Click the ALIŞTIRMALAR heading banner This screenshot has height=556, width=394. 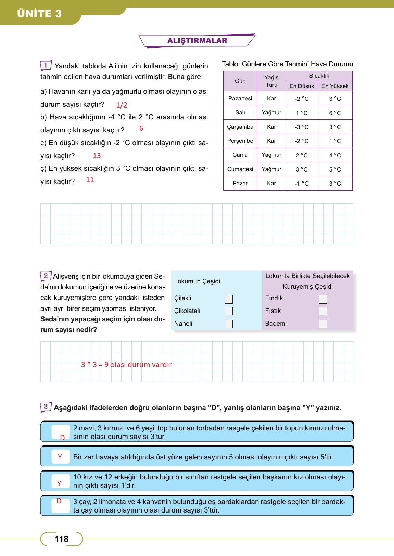coord(197,41)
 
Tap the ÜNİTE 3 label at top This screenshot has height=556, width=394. coord(39,14)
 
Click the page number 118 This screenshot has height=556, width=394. coord(62,539)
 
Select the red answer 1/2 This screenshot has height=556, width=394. coord(122,105)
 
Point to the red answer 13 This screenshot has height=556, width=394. coord(97,156)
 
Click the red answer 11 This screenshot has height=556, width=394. coord(90,180)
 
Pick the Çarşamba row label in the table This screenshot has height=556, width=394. coord(240,127)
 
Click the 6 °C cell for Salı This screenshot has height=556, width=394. coord(335,113)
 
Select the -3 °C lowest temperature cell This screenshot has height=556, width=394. coord(302,127)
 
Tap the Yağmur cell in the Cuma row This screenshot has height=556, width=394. coord(271,155)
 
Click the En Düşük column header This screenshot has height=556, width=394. coord(302,86)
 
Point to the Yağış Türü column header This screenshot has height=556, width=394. coord(271,81)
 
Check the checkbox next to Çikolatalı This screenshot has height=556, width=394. coord(229,311)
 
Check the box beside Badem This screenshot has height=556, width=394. coord(323,324)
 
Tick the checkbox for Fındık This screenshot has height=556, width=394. coord(323,299)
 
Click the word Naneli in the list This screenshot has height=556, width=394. coord(183,324)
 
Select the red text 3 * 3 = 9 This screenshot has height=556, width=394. coord(94,365)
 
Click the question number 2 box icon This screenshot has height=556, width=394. coord(46,276)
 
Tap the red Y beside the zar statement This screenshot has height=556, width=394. coord(60,457)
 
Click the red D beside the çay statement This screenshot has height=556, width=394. coord(59,501)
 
